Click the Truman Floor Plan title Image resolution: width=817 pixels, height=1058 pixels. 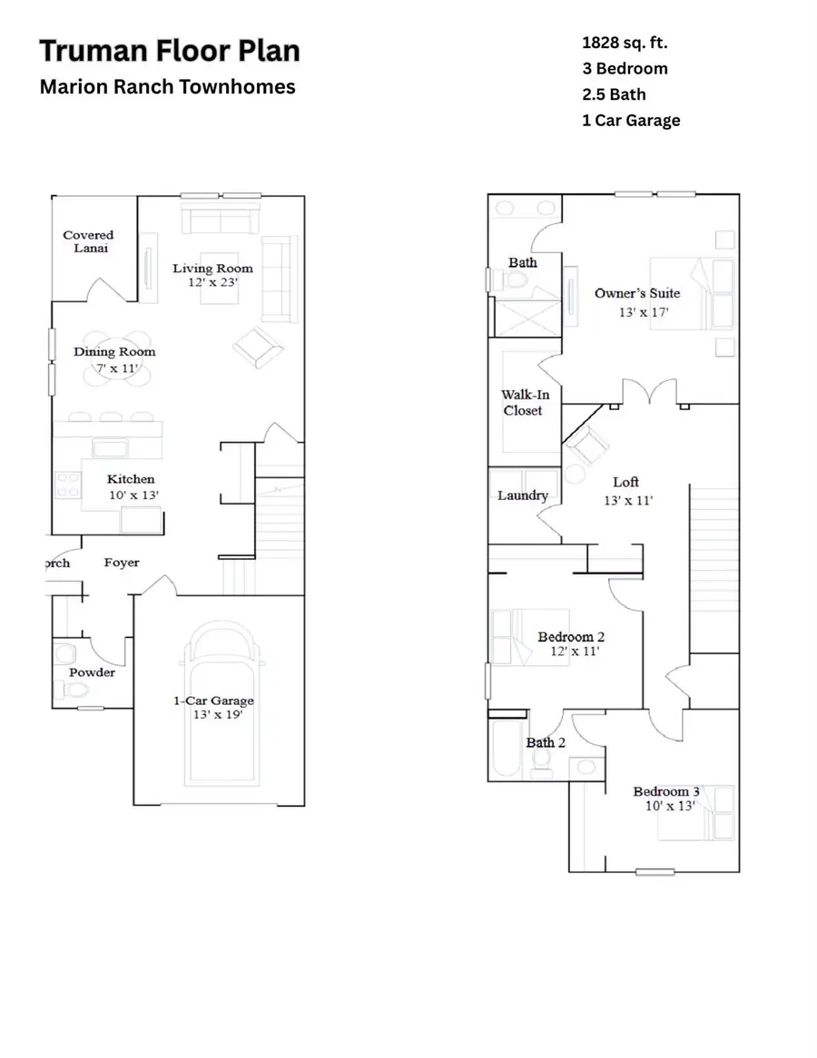169,51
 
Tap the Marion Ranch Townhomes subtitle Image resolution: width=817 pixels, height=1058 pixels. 167,88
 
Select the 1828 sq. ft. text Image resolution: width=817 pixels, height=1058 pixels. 625,42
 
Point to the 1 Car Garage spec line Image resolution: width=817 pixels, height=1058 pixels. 631,120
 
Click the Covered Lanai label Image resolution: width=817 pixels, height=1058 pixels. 88,241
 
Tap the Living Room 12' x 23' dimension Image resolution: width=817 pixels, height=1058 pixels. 212,282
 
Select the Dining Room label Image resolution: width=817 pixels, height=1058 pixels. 114,352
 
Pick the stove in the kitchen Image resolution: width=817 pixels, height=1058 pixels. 68,484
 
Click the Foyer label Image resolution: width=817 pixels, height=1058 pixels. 122,563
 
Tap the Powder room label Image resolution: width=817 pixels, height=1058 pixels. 92,672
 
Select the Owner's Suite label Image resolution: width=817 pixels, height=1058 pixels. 636,293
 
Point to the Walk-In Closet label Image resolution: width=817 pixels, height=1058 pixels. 525,403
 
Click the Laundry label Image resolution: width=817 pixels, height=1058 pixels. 522,495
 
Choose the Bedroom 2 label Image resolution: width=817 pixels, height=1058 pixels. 571,637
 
